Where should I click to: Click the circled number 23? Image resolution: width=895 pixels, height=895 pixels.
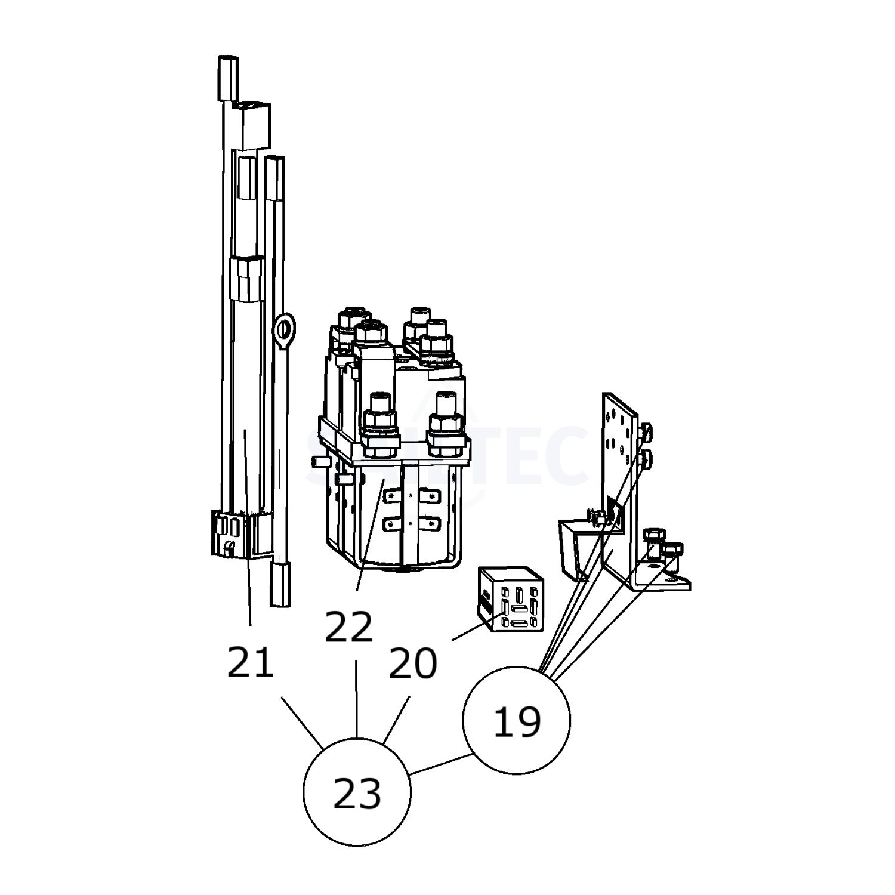pos(357,792)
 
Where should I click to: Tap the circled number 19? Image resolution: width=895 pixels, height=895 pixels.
pos(517,720)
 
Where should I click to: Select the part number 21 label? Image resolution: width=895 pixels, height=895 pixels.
pos(250,662)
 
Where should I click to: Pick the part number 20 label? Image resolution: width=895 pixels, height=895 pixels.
pos(412,664)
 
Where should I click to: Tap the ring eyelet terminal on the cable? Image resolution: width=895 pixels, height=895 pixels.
pos(285,329)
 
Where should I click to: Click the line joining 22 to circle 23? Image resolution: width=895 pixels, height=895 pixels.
pos(357,698)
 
